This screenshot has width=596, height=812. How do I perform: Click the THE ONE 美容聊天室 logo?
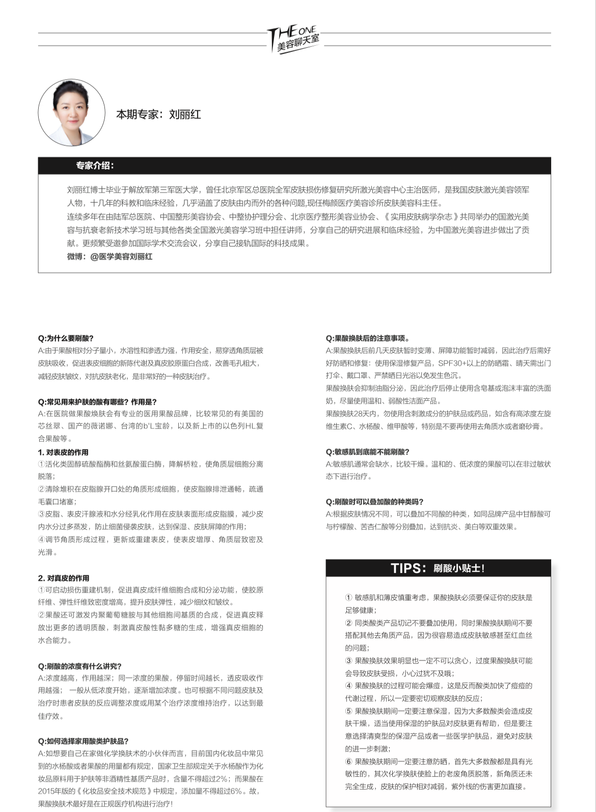(294, 38)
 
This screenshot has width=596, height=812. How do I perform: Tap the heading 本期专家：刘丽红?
(158, 114)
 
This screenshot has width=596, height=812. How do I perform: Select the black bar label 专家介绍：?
(95, 166)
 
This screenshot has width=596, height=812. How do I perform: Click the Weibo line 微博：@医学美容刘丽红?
(110, 257)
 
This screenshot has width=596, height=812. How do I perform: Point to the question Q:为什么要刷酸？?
(66, 338)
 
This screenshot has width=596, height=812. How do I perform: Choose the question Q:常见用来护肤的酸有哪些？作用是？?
(97, 402)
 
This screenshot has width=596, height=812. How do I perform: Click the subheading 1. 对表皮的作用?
(63, 452)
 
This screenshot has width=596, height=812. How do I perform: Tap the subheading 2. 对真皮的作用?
(64, 578)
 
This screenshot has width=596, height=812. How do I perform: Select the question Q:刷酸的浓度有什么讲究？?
(80, 666)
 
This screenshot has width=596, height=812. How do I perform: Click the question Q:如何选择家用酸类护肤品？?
(83, 741)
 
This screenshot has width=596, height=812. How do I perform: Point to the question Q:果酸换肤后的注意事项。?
(368, 338)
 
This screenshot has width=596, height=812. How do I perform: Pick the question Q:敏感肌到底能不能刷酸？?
(368, 452)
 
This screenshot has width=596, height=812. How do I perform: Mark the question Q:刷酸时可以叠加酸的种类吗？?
(375, 502)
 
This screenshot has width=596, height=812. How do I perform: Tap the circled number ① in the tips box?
(348, 598)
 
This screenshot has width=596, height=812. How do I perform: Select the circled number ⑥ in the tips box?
(348, 762)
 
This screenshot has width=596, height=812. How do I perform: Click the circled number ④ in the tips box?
(348, 686)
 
